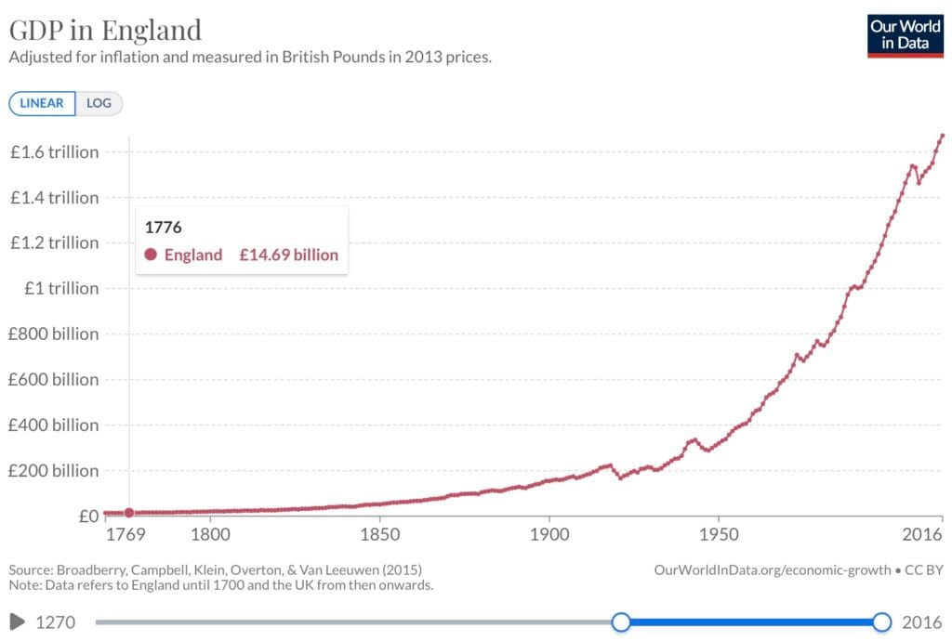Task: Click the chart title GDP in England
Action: (105, 30)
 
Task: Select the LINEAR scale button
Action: (42, 103)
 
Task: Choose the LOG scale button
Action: (99, 103)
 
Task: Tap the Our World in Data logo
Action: (905, 35)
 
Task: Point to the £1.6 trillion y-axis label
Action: (54, 152)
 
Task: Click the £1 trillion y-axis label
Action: (61, 289)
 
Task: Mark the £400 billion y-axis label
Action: (54, 425)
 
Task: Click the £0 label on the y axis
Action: (87, 517)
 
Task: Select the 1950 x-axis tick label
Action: (719, 536)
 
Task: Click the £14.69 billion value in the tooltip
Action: (288, 255)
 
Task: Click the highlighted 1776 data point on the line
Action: (129, 513)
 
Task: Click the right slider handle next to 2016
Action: (881, 621)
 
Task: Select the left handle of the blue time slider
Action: (621, 621)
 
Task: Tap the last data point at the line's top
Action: (943, 136)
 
